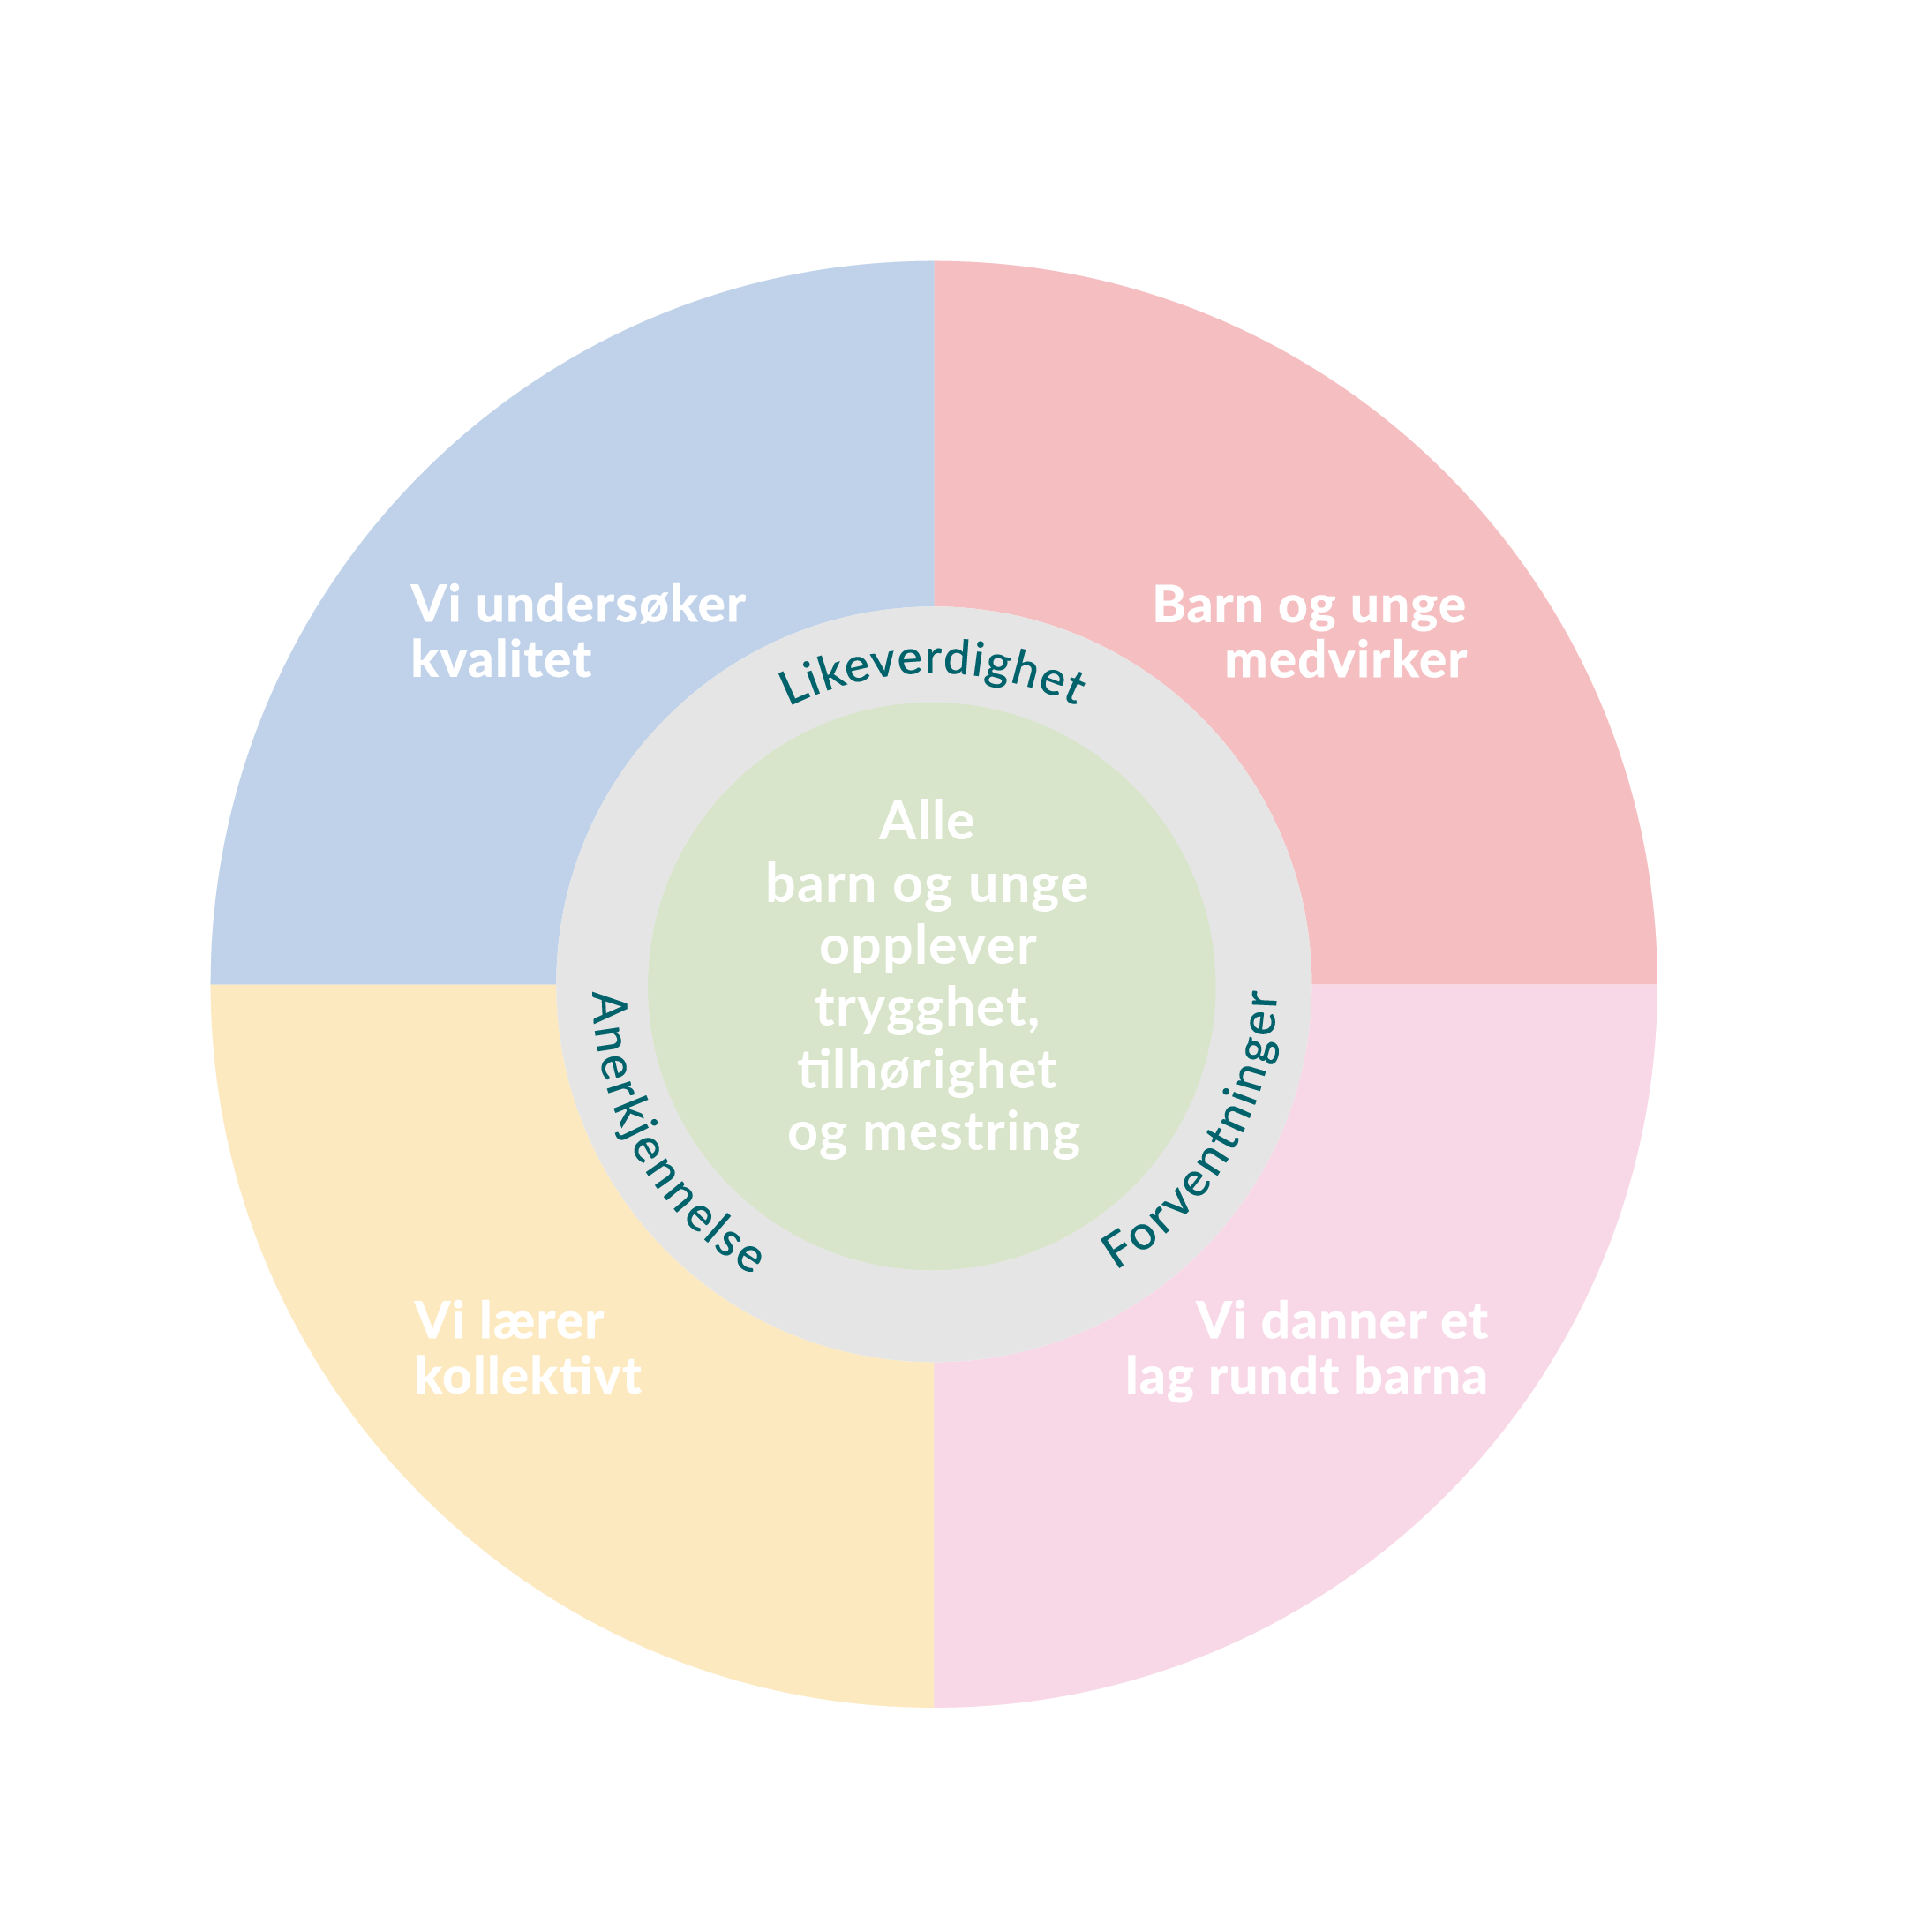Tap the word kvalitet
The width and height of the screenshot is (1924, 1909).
click(x=501, y=660)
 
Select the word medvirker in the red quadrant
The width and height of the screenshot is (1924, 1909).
click(x=1344, y=660)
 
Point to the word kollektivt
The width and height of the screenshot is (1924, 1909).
click(x=527, y=1376)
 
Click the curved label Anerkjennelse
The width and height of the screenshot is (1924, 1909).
click(x=670, y=1134)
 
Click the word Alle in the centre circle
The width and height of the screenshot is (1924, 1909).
click(x=926, y=822)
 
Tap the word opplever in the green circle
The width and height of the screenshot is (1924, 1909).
click(x=928, y=947)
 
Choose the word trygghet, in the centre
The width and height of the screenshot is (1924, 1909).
click(x=928, y=1008)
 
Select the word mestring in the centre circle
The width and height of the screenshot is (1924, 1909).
click(x=970, y=1133)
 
